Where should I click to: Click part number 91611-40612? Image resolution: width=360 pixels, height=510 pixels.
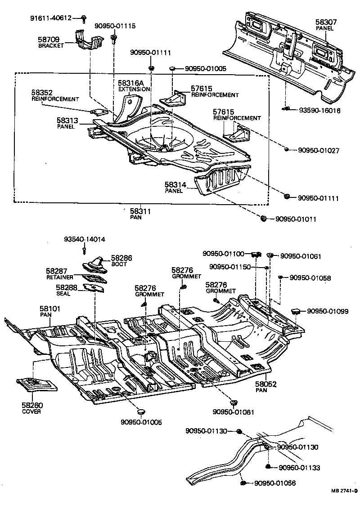[x=51, y=18]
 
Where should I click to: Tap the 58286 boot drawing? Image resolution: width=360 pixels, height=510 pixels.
[x=93, y=265]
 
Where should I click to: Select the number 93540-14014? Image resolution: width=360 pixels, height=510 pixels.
[x=85, y=240]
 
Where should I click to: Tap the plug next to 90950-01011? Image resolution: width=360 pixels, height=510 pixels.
[x=264, y=219]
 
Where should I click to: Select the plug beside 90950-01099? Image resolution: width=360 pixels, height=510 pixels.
[x=296, y=311]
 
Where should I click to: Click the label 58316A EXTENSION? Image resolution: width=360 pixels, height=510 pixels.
[x=134, y=86]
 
